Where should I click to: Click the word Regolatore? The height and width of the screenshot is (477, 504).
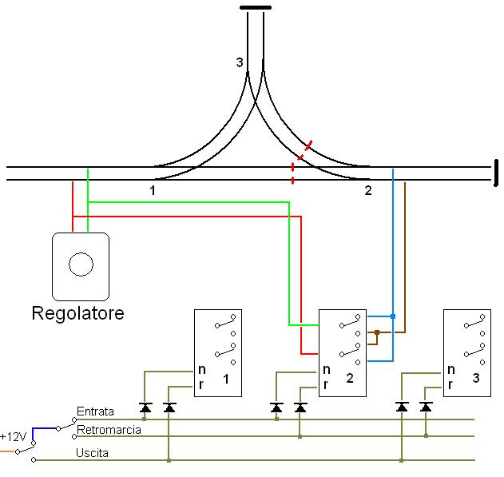[x=77, y=312]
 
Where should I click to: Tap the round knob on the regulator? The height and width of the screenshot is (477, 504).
[x=80, y=263]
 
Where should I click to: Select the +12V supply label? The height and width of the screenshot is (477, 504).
[x=14, y=437]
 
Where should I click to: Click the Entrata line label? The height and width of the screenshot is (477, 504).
[x=95, y=411]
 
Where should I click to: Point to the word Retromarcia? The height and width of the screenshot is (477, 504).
[x=109, y=430]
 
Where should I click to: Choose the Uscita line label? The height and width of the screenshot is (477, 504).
[x=93, y=452]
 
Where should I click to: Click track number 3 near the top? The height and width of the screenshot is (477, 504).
[x=240, y=62]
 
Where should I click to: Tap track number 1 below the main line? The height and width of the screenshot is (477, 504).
[x=152, y=191]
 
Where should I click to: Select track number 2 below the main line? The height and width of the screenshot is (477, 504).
[x=368, y=191]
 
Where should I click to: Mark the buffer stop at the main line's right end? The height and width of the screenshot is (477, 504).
[x=496, y=173]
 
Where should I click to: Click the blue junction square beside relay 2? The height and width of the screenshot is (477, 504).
[x=393, y=317]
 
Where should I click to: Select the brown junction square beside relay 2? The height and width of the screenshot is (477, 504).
[x=376, y=331]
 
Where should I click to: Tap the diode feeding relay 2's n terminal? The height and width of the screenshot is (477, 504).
[x=276, y=407]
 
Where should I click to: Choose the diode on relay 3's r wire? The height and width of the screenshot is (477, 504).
[x=426, y=407]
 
